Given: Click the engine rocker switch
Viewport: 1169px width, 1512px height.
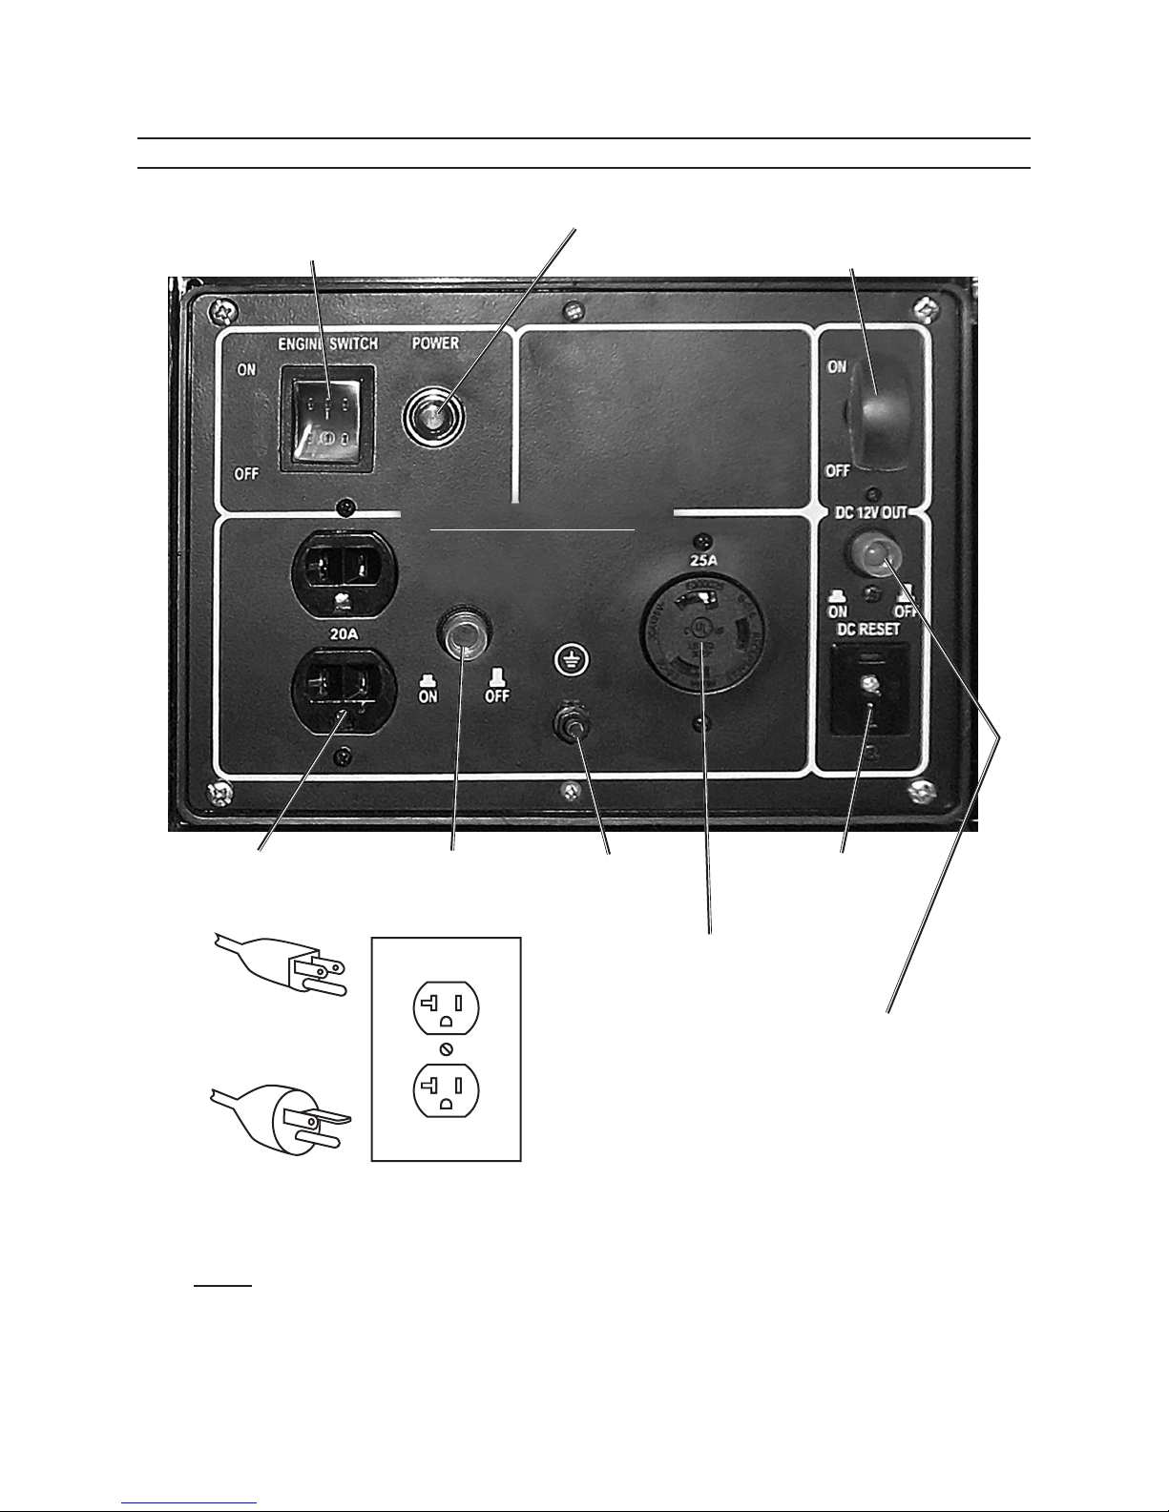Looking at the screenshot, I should [325, 419].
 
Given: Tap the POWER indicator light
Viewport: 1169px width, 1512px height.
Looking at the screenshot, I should [434, 416].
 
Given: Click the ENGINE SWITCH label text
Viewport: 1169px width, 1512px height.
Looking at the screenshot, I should [325, 343].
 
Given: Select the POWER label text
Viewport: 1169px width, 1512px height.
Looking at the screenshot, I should [435, 343].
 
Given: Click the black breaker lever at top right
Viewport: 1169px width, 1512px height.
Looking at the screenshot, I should [878, 418].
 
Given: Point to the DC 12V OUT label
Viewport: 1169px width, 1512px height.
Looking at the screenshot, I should [870, 512].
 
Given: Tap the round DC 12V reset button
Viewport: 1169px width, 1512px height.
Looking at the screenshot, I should [870, 559].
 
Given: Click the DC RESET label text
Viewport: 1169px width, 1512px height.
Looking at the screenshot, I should [868, 630].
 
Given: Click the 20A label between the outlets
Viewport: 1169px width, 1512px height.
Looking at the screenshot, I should [344, 630].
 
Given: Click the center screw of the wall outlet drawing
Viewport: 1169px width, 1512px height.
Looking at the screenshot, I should [446, 1048].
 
